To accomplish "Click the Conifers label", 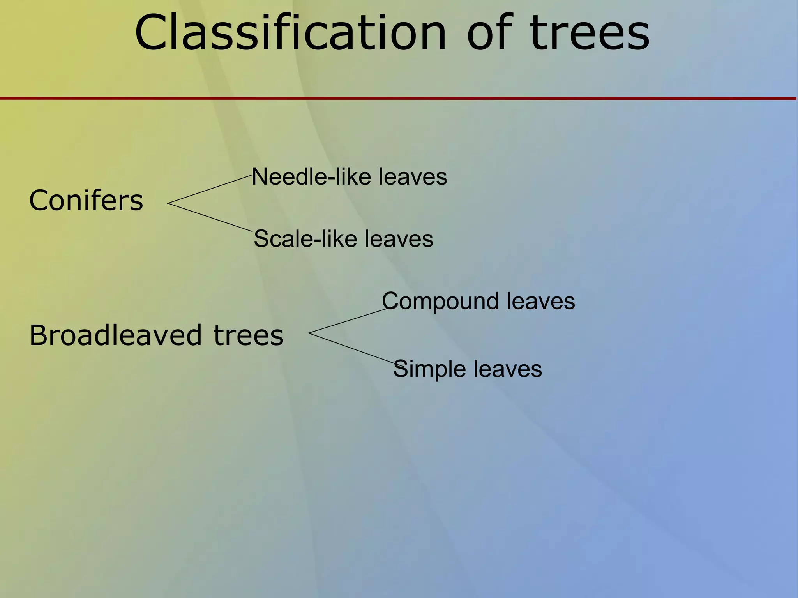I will [86, 200].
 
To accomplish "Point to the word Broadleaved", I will [116, 335].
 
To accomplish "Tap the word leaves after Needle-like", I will [413, 177].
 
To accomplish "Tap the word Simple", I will [429, 369].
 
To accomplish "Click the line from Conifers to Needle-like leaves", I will [210, 189].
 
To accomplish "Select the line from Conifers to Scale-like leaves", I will [210, 217].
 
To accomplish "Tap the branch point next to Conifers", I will [168, 203].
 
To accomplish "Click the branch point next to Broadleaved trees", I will [309, 333].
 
